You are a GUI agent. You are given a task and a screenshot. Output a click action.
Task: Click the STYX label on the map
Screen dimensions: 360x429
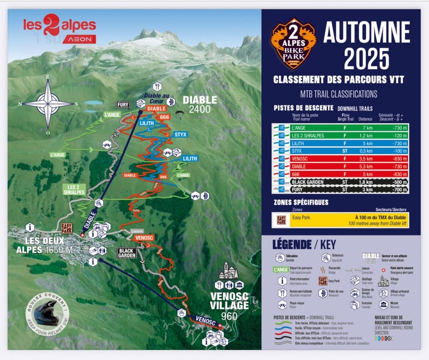pyautogui.click(x=180, y=133)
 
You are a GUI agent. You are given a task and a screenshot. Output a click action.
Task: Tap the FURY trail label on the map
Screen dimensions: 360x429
pyautogui.click(x=123, y=104)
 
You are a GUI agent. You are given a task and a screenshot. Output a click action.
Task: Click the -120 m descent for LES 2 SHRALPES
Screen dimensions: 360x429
pyautogui.click(x=397, y=136)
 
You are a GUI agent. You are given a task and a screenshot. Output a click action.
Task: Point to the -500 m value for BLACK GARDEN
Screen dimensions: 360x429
pyautogui.click(x=397, y=182)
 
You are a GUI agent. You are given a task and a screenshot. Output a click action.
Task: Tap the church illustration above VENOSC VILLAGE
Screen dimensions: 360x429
pyautogui.click(x=228, y=271)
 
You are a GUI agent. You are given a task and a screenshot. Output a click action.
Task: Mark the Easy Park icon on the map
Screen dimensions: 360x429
pyautogui.click(x=67, y=227)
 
